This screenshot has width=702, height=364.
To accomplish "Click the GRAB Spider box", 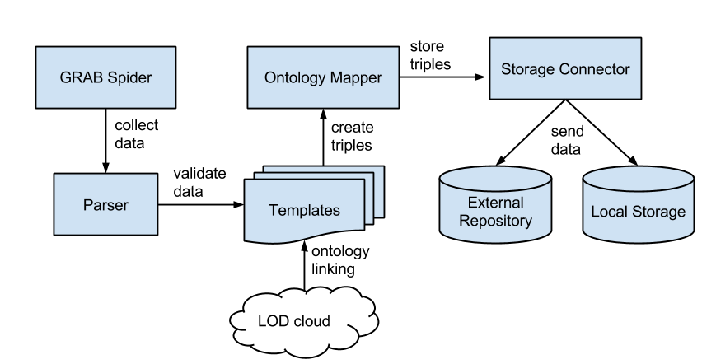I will tap(105, 77).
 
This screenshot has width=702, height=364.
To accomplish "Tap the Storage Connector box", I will tap(564, 69).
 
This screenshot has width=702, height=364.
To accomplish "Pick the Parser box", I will tap(105, 203).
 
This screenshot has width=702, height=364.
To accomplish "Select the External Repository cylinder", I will tap(495, 206).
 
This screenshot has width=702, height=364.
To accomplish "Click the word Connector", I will tap(595, 69).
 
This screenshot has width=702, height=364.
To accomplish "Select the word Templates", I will tap(304, 211).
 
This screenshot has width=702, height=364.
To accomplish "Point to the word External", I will tap(495, 203).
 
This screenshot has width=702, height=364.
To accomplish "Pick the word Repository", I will tap(495, 221).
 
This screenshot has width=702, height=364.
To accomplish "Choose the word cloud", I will tap(312, 320).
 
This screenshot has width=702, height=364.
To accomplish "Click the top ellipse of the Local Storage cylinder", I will tap(638, 179).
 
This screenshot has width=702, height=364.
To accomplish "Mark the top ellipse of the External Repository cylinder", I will tap(495, 176).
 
